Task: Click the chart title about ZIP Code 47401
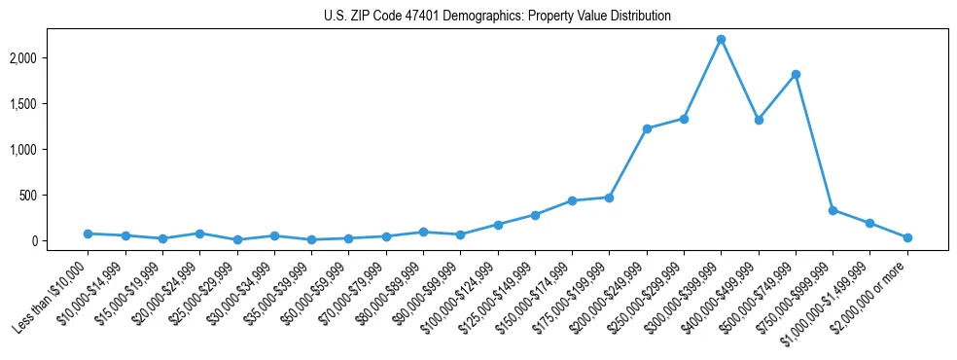tap(497, 17)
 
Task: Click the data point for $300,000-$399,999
tap(721, 39)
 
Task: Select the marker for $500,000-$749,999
tap(796, 74)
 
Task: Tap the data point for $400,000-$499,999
tap(759, 120)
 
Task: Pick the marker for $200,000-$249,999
tap(647, 128)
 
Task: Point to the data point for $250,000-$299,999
tap(684, 119)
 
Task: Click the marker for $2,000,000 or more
tap(907, 237)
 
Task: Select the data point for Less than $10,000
tap(88, 234)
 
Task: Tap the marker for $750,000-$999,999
tap(833, 210)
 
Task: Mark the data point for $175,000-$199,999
tap(609, 198)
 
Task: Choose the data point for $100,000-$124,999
tap(498, 225)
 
